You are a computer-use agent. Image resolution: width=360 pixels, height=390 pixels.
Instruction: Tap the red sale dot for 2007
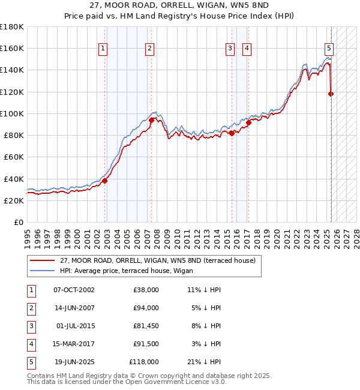(x=151, y=120)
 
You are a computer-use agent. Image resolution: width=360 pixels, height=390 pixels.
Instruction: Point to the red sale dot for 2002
(x=104, y=181)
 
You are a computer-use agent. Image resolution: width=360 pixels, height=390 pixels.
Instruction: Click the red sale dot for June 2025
(x=331, y=94)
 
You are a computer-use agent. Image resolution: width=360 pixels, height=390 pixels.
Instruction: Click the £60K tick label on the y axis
(x=14, y=157)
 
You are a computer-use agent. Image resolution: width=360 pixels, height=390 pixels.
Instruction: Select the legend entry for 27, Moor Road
(x=158, y=260)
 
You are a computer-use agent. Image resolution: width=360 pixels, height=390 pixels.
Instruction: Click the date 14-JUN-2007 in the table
(x=74, y=308)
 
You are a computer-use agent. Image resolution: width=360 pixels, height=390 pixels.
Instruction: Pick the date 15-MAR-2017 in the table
(x=74, y=344)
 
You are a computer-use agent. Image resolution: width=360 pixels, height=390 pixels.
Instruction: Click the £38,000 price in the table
(x=145, y=290)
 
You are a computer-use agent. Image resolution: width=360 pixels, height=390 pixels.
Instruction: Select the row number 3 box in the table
(x=31, y=326)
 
